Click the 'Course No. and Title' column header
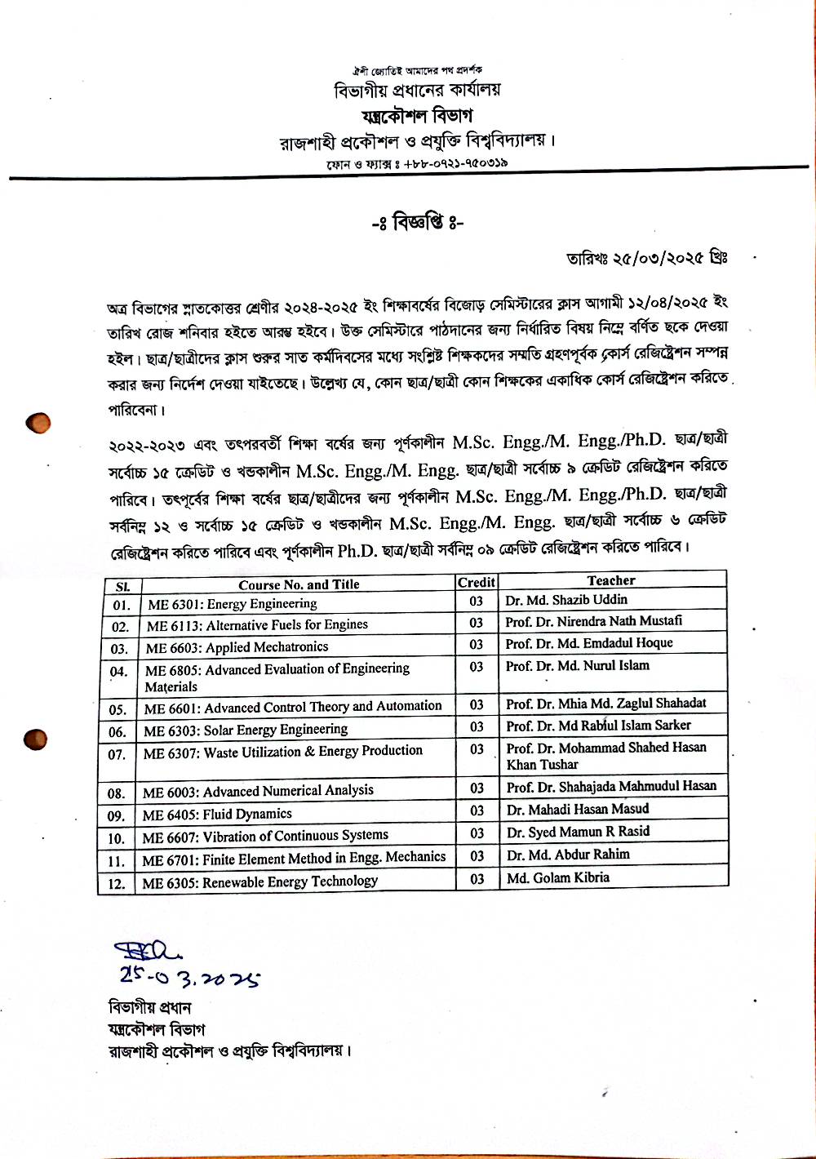click(299, 584)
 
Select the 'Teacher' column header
click(611, 580)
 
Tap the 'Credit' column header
click(477, 582)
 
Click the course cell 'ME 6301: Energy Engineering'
click(232, 604)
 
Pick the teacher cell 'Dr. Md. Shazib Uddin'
click(566, 600)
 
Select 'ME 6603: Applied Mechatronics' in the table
click(237, 647)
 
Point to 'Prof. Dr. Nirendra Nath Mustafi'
click(594, 621)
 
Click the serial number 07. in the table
click(117, 754)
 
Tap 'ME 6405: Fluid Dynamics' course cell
click(217, 815)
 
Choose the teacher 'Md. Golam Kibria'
click(558, 877)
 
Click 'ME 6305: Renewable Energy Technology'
click(259, 882)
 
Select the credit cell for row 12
click(477, 879)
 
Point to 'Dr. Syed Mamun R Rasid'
click(578, 832)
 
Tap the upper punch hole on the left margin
click(38, 423)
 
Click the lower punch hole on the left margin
click(36, 739)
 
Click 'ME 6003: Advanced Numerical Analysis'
click(258, 791)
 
